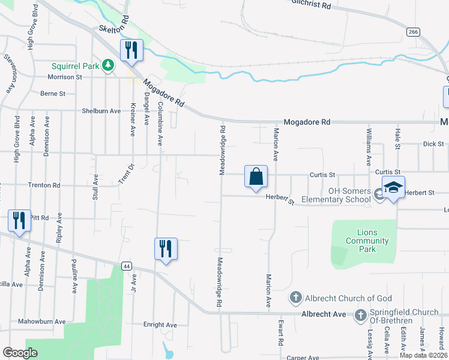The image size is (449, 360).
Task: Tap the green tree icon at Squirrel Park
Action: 108,65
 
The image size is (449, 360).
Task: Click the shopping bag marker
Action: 256,177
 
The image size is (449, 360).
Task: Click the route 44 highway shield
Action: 126,265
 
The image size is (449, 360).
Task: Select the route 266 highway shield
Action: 412,32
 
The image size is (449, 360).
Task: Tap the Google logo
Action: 20,353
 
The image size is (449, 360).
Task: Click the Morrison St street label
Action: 65,77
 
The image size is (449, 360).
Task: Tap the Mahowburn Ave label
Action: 42,322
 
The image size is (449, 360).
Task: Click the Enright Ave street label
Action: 160,325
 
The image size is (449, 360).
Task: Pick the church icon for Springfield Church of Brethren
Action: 361,316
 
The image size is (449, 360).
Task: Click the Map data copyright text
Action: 423,355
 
